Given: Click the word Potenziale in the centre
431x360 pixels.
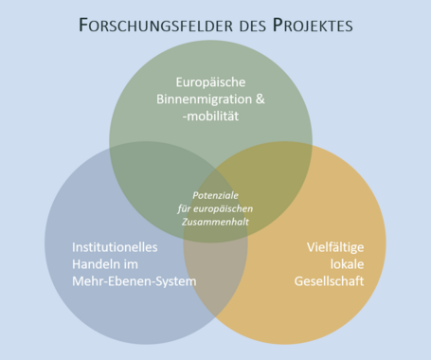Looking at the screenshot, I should point(217,195).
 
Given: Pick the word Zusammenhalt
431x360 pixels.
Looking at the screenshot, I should point(217,220).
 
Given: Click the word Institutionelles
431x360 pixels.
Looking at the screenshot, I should point(115,247).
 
